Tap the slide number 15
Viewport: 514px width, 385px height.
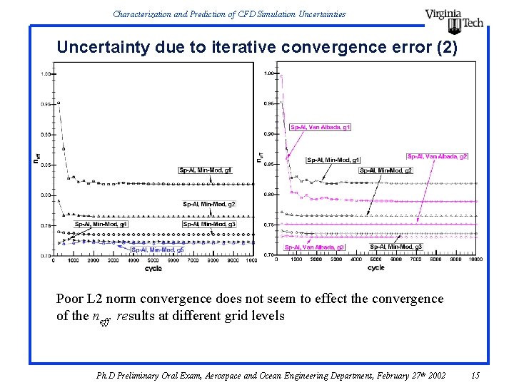[476, 375]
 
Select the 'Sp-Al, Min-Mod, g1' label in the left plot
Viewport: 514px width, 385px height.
[206, 170]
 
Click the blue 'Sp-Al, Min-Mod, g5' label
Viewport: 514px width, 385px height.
[157, 250]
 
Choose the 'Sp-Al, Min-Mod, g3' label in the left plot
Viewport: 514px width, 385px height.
[208, 224]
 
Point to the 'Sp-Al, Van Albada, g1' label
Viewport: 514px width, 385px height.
[321, 127]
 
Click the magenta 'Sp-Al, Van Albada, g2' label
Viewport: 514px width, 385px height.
[437, 156]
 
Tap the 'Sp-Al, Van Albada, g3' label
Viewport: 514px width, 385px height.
[314, 247]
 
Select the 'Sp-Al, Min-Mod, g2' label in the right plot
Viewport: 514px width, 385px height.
[385, 170]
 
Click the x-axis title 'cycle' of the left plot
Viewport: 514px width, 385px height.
[153, 269]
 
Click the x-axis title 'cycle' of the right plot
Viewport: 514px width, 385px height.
[376, 268]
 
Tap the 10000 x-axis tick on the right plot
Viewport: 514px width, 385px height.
[474, 261]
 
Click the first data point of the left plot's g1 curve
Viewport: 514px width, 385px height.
[59, 103]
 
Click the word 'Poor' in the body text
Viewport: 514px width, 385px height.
[70, 299]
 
